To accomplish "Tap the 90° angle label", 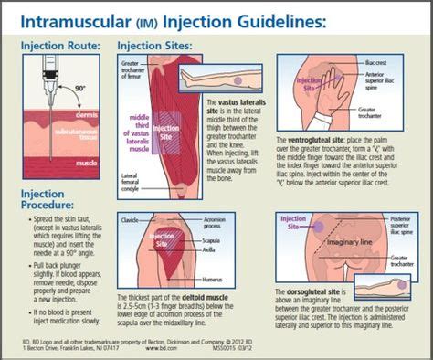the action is coord(81,90).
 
